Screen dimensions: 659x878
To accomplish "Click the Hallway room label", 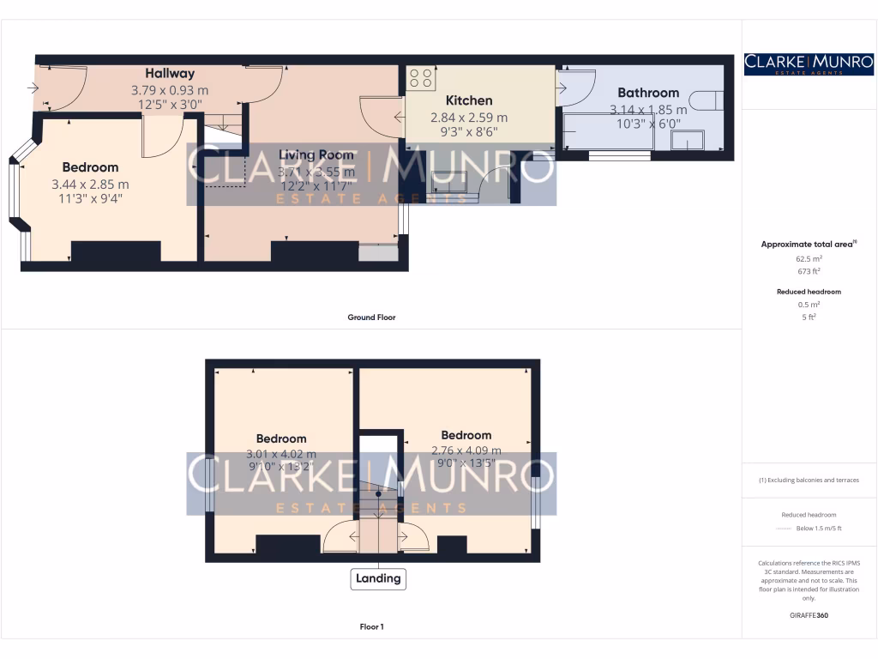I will pyautogui.click(x=169, y=74).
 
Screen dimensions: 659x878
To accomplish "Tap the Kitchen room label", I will pyautogui.click(x=468, y=101).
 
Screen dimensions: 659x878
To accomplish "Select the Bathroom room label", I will pyautogui.click(x=648, y=93).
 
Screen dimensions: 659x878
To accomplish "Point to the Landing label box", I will pyautogui.click(x=378, y=578).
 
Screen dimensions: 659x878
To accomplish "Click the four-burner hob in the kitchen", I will pyautogui.click(x=420, y=78).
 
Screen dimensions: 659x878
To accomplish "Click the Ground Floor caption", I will pyautogui.click(x=370, y=317).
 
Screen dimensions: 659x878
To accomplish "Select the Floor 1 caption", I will pyautogui.click(x=370, y=627).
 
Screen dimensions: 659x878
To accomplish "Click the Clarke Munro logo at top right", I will pyautogui.click(x=809, y=64).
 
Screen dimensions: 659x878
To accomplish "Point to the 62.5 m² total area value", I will pyautogui.click(x=809, y=258).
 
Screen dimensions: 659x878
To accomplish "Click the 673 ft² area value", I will pyautogui.click(x=809, y=271).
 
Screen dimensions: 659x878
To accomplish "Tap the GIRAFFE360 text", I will pyautogui.click(x=809, y=615).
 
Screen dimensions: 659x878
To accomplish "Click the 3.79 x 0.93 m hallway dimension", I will pyautogui.click(x=169, y=90).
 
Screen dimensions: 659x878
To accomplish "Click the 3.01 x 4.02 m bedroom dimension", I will pyautogui.click(x=280, y=454).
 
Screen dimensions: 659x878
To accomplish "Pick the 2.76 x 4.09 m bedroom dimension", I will pyautogui.click(x=466, y=450).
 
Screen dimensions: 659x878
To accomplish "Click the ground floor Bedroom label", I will pyautogui.click(x=90, y=167).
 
